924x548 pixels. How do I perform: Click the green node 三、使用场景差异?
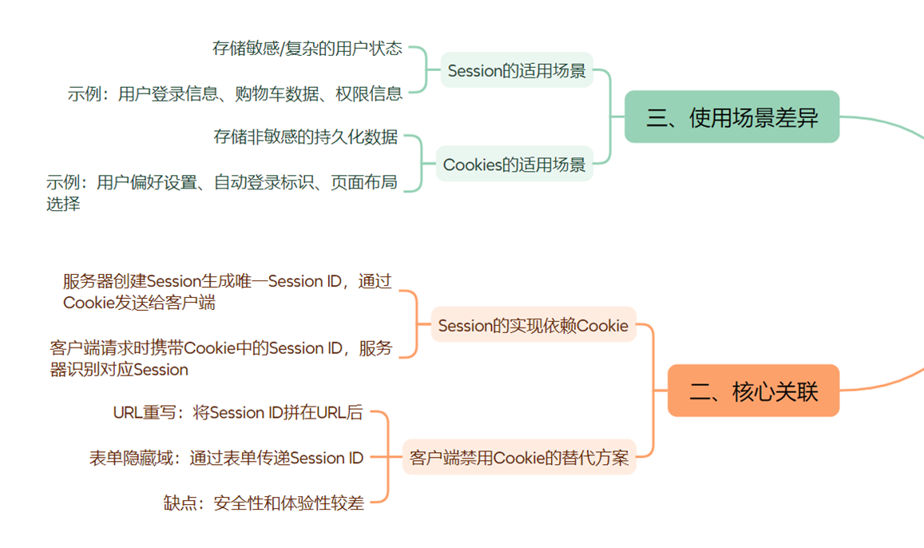(732, 117)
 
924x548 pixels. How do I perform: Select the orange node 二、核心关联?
(753, 391)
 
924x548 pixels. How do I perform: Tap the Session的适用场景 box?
(517, 70)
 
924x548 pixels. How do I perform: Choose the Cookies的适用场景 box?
(514, 165)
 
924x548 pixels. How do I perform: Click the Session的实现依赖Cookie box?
(533, 325)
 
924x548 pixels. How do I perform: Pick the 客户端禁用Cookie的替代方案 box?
(519, 458)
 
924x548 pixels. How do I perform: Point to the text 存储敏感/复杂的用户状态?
(307, 48)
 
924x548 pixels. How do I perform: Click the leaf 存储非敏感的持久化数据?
(305, 137)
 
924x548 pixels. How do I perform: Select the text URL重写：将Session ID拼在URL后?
(238, 412)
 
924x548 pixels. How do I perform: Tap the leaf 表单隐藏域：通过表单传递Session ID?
(226, 458)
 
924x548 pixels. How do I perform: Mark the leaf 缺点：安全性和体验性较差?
(264, 502)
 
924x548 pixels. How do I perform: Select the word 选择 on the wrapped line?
(63, 204)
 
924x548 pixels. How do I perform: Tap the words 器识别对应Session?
(119, 370)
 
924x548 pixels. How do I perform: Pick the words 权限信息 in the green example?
(368, 93)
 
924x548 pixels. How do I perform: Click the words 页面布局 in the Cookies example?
(364, 182)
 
